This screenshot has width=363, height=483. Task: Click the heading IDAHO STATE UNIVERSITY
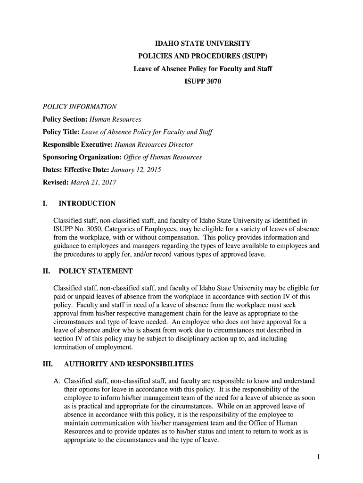click(203, 43)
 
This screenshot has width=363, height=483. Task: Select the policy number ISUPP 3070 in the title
click(203, 82)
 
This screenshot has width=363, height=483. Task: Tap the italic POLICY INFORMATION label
click(80, 107)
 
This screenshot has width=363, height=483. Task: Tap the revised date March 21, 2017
click(93, 182)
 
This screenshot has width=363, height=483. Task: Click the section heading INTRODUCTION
click(87, 204)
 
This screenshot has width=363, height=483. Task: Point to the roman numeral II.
click(46, 271)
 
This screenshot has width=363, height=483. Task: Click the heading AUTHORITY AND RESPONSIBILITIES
click(129, 364)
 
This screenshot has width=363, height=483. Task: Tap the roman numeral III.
click(48, 364)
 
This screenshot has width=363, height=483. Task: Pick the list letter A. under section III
click(57, 381)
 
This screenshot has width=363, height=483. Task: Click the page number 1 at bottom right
click(319, 458)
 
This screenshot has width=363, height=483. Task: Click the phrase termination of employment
click(93, 348)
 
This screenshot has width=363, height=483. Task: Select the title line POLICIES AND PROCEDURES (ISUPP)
click(203, 56)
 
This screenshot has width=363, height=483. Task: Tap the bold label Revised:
click(56, 182)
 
